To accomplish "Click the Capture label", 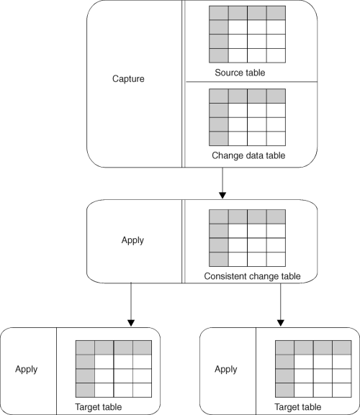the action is [x=128, y=79].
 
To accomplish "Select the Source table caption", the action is [x=240, y=73].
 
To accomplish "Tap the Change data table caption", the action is [x=248, y=155].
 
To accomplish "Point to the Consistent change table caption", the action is [x=252, y=276].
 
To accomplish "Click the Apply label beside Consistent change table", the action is [x=132, y=240].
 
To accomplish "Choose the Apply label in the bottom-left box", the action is [x=26, y=370].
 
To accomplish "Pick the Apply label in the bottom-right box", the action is [x=225, y=370].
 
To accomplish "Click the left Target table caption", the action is [x=98, y=407].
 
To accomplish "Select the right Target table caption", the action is [x=298, y=407].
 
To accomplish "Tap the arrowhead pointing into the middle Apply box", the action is [x=222, y=196].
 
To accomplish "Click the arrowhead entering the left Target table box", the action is [x=131, y=323].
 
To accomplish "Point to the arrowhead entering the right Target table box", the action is [x=281, y=323].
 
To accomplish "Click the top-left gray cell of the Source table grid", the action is [x=219, y=13].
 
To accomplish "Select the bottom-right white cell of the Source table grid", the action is [x=276, y=55].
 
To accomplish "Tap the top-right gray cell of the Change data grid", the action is [x=276, y=96].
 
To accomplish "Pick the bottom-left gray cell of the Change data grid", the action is [x=219, y=138].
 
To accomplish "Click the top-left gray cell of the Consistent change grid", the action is [x=219, y=216].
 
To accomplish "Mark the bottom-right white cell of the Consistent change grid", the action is [x=276, y=260].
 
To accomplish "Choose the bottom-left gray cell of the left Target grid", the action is [x=85, y=390].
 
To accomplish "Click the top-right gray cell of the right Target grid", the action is [x=342, y=347].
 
